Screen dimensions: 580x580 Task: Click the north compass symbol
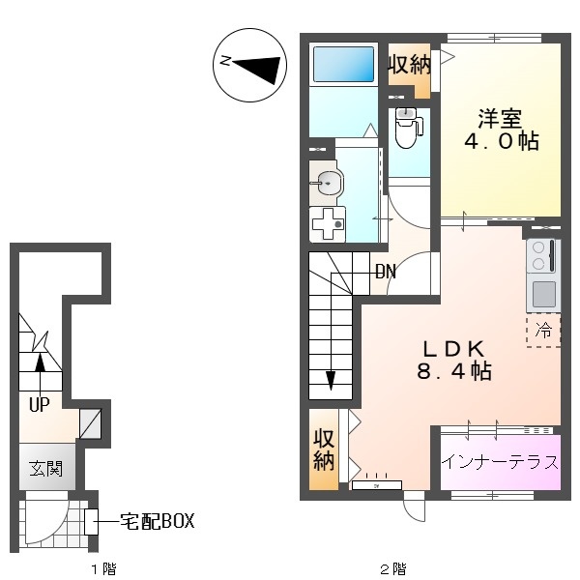click(249, 65)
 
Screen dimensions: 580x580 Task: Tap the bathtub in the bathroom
click(343, 64)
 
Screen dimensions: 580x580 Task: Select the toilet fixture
click(408, 128)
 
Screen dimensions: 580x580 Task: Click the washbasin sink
click(327, 183)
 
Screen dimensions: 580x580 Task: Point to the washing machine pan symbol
click(328, 224)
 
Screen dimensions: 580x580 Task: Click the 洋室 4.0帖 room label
click(501, 130)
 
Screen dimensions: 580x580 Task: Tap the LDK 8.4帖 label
click(454, 361)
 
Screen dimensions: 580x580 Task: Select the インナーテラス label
click(500, 462)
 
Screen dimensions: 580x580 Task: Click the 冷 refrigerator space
click(543, 330)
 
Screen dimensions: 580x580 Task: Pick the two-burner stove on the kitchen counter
click(543, 256)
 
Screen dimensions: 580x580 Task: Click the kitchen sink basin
click(544, 294)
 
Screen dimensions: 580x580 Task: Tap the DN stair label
click(386, 272)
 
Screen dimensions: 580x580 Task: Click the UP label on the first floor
click(40, 405)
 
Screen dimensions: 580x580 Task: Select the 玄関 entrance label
click(45, 468)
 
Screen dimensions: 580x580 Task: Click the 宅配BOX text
click(158, 521)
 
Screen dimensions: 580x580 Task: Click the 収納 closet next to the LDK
click(324, 450)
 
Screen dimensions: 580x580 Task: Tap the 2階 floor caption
click(393, 568)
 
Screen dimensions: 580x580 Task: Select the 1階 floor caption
click(104, 568)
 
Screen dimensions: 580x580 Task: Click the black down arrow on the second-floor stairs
click(331, 380)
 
